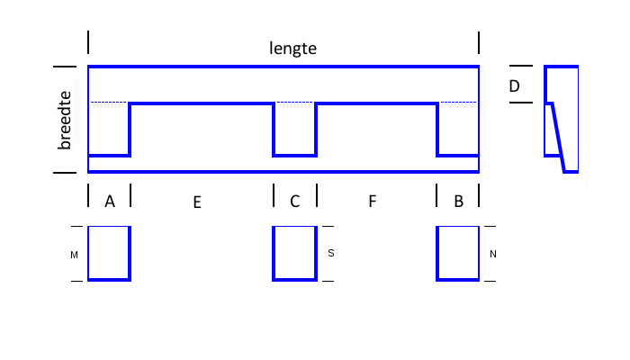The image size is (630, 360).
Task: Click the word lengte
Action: (x=292, y=49)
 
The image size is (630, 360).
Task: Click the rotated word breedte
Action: (x=64, y=120)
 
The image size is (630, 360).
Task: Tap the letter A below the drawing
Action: (x=110, y=201)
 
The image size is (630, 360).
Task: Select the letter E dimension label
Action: (x=197, y=202)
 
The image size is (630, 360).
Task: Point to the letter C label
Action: (x=295, y=202)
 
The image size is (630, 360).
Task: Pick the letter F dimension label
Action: (x=373, y=202)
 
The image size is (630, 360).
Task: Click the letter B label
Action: (x=458, y=202)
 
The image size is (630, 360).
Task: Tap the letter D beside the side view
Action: (x=514, y=86)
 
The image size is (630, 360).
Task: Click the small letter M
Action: (x=74, y=255)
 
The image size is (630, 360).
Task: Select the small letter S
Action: (x=331, y=253)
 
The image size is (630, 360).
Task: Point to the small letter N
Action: (x=493, y=254)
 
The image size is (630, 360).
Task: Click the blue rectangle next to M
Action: (x=130, y=254)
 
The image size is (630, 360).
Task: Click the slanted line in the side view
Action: (x=559, y=138)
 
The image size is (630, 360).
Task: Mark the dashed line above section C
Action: (x=295, y=103)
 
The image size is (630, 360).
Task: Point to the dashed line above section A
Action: (x=109, y=103)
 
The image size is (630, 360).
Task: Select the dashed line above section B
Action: (x=458, y=103)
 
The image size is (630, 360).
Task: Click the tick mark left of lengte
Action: (x=88, y=42)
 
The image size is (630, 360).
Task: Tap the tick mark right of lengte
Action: (x=479, y=43)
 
